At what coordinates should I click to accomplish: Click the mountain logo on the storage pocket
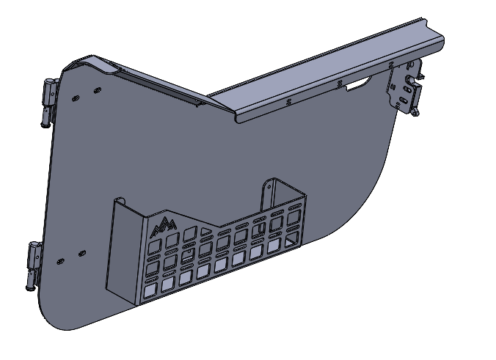[162, 226]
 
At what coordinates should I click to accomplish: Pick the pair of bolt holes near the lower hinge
[70, 256]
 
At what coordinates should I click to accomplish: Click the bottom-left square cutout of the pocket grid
[150, 292]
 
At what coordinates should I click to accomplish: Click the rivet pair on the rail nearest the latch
[339, 84]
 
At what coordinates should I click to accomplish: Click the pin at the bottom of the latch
[416, 113]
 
